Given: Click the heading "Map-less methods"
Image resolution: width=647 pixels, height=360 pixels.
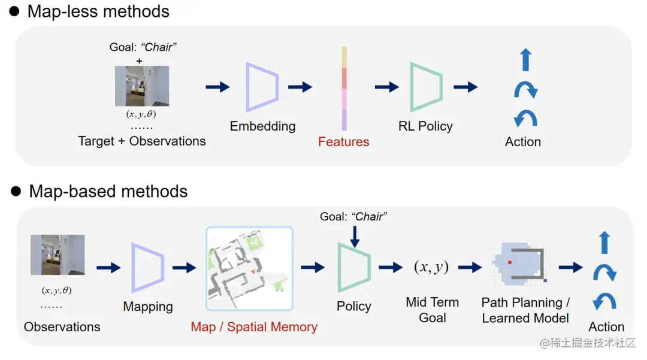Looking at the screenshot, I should click(98, 11).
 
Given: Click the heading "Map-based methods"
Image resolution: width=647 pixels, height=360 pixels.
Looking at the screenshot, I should click(108, 192).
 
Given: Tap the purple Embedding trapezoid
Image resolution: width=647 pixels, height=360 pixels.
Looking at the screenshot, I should click(262, 87).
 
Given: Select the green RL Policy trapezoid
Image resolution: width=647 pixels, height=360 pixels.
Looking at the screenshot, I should click(426, 87).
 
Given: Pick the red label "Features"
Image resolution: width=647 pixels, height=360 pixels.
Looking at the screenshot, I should click(343, 142).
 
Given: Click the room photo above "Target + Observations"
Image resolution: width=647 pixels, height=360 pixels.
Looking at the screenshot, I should click(142, 86).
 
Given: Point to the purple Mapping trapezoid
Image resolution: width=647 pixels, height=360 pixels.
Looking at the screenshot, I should click(147, 267).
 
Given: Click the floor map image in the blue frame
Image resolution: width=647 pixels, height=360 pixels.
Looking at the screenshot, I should click(249, 268).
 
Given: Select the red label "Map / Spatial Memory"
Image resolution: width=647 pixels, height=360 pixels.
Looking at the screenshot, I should click(254, 327).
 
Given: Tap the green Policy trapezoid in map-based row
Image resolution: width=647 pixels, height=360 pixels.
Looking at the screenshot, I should click(354, 268).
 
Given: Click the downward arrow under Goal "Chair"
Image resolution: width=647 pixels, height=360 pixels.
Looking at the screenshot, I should click(354, 235).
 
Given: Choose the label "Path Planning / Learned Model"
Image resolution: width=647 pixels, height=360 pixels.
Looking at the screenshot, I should click(525, 310).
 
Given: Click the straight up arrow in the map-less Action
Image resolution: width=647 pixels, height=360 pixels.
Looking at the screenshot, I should click(525, 60).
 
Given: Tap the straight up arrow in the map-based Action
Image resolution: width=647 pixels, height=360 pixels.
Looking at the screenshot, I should click(604, 243).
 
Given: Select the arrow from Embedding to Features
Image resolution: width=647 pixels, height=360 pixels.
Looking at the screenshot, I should click(300, 87).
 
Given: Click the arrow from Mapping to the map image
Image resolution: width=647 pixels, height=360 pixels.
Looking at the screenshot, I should click(184, 268).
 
